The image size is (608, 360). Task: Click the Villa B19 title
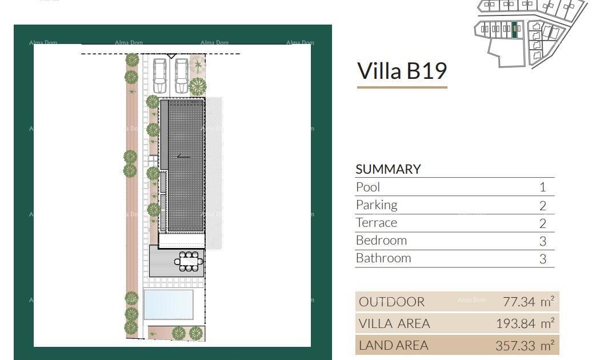402,71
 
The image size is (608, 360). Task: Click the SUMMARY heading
388,169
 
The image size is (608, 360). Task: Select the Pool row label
368,187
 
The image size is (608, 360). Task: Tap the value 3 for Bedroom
543,241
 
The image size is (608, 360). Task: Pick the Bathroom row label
383,258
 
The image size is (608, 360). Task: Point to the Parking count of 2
543,205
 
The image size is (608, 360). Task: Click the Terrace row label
376,222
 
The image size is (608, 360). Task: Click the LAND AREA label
393,345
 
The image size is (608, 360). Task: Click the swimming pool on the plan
168,304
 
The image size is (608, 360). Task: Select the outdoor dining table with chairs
189,262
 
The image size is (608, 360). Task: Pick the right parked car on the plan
182,75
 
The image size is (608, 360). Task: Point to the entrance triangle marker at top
171,55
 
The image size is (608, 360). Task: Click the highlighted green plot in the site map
515,30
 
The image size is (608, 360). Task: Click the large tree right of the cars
198,86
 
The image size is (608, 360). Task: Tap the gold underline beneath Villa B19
402,87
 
